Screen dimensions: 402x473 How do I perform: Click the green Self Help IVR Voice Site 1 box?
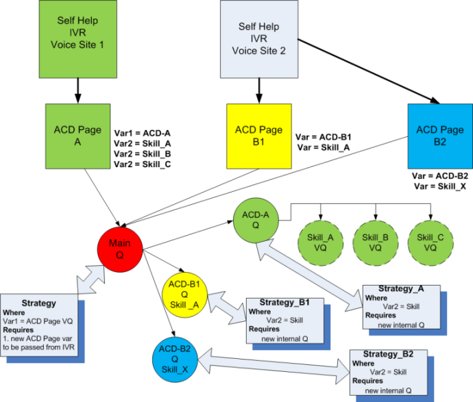(x=77, y=34)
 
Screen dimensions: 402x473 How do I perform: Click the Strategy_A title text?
(x=402, y=289)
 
